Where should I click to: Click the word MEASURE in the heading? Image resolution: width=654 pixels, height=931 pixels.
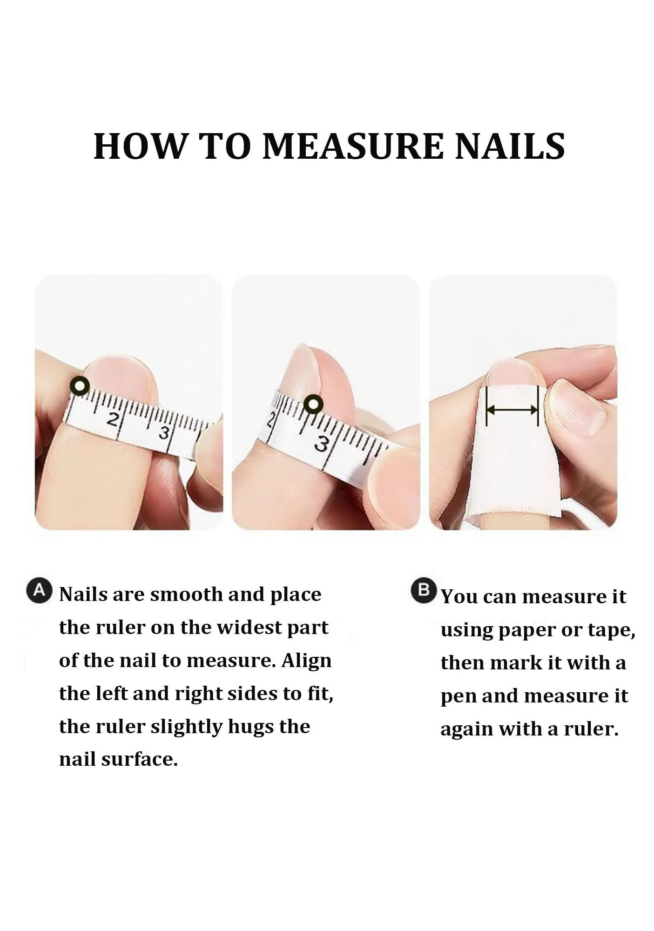[x=352, y=146]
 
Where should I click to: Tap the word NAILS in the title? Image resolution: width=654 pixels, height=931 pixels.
[x=510, y=146]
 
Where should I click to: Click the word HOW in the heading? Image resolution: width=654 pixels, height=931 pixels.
[x=139, y=146]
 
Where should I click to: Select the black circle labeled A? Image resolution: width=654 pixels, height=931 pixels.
[x=40, y=591]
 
